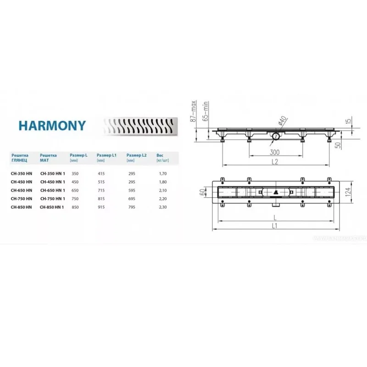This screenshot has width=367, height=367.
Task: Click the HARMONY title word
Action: pyautogui.click(x=52, y=125)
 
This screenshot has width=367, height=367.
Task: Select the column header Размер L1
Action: pyautogui.click(x=107, y=156)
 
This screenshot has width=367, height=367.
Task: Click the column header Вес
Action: pyautogui.click(x=160, y=156)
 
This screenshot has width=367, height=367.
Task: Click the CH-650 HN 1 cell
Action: pyautogui.click(x=52, y=190)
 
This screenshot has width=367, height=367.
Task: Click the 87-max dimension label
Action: pyautogui.click(x=195, y=111)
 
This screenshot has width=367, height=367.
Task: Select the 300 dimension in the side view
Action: pyautogui.click(x=275, y=151)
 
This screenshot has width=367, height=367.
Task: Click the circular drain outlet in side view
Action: pyautogui.click(x=276, y=136)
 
